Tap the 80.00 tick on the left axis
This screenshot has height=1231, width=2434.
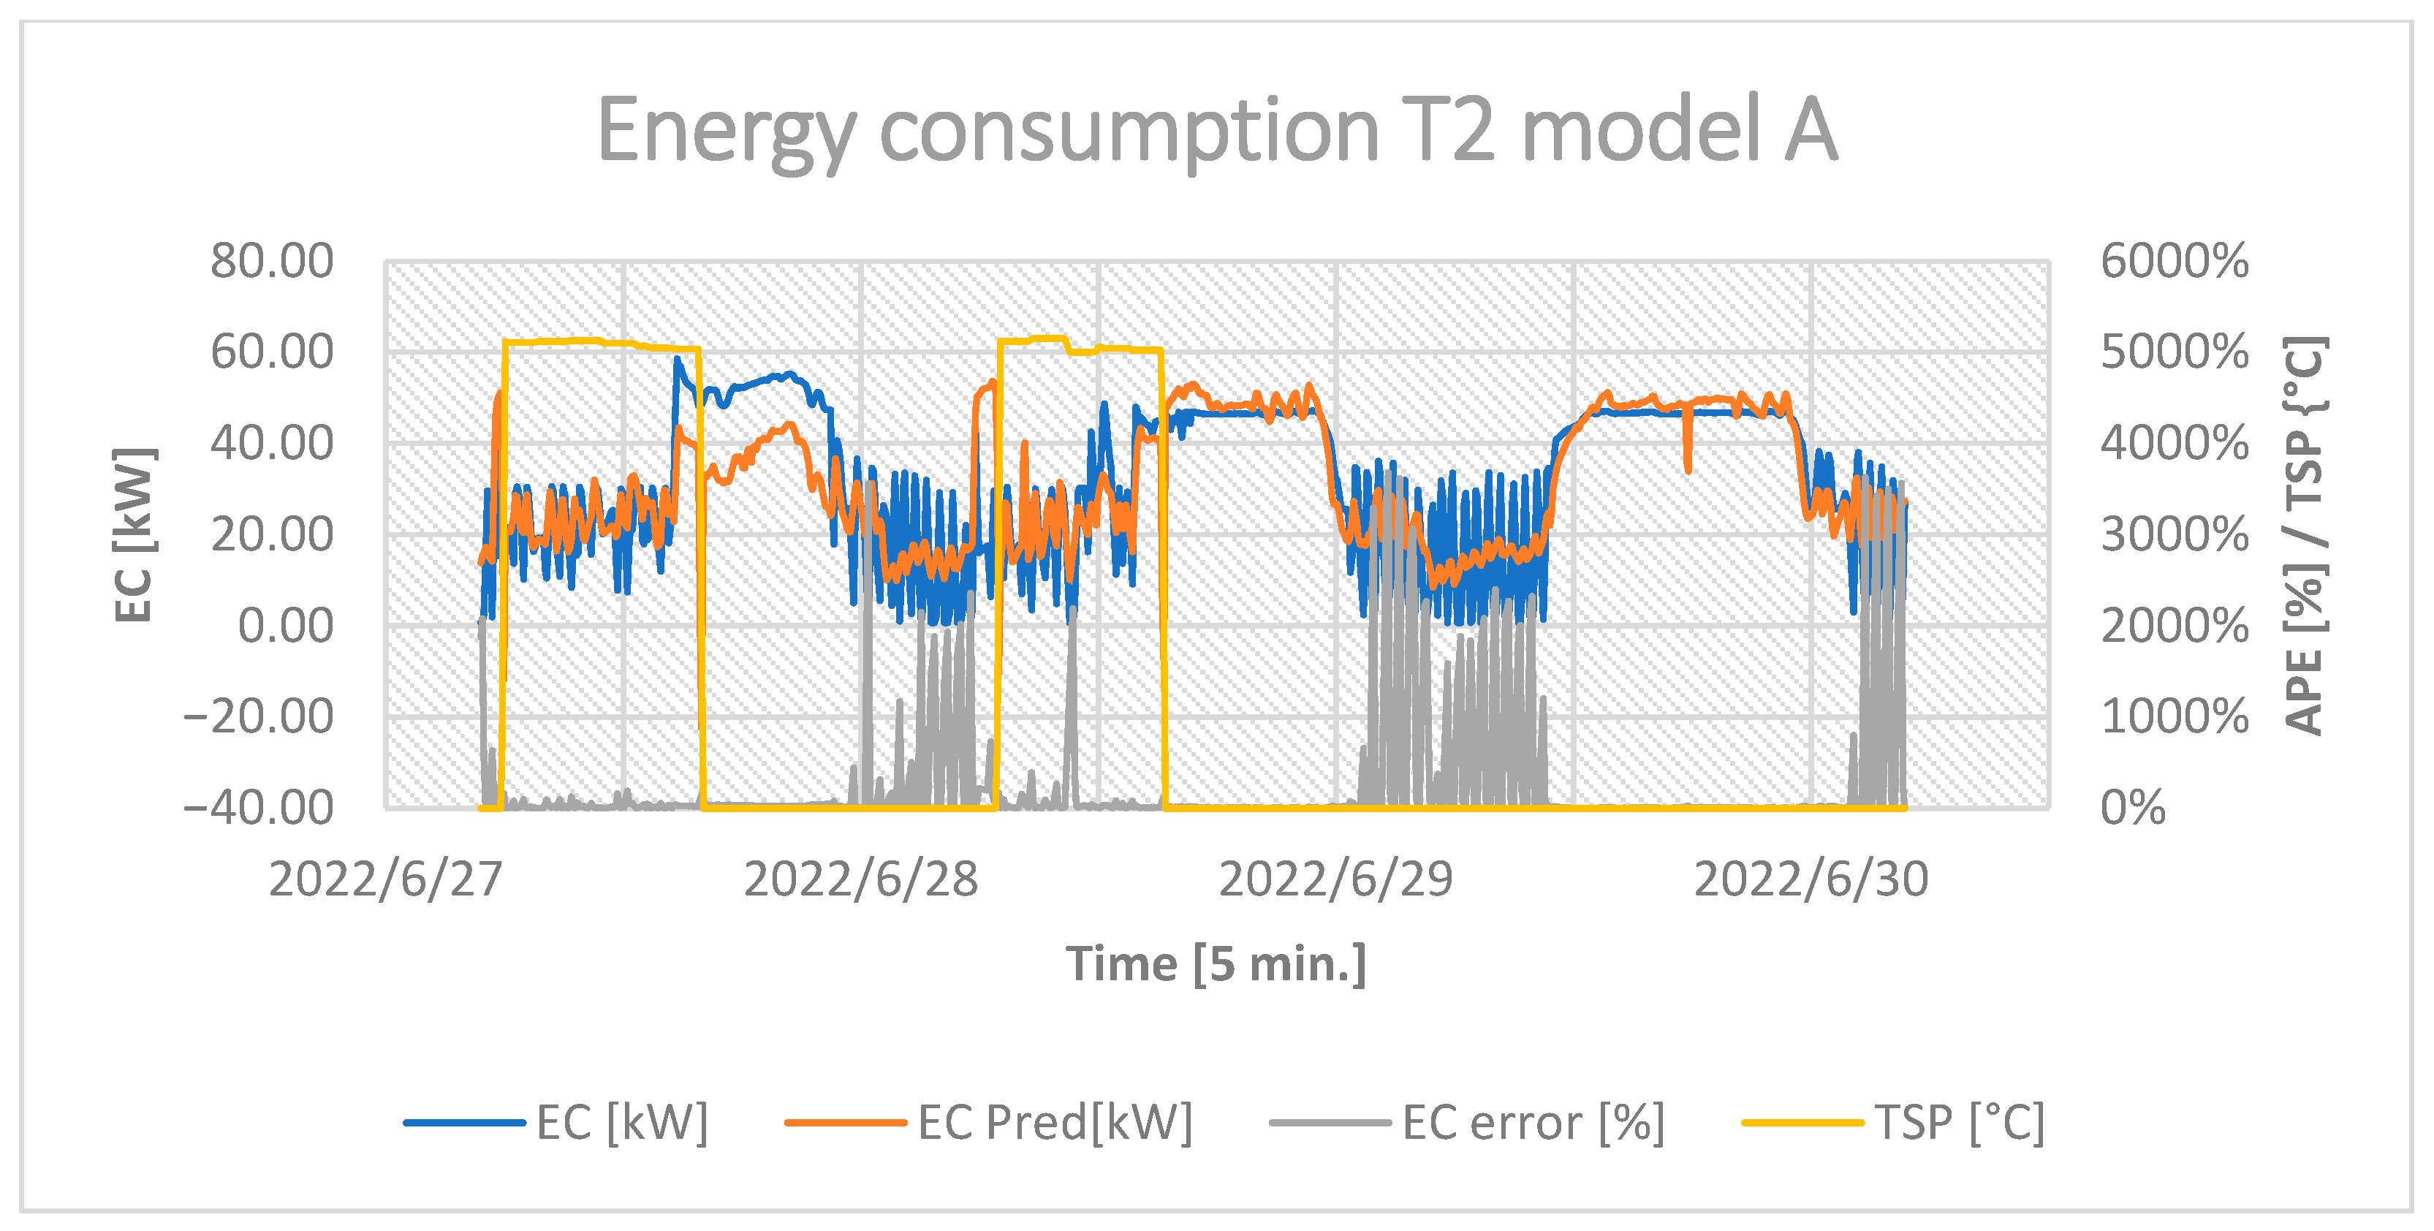[271, 261]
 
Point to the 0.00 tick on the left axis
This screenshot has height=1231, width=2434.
[284, 626]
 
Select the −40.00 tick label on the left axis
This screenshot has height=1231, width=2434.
[257, 808]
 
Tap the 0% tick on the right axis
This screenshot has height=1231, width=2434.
[2133, 808]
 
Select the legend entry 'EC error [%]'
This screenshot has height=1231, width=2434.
[1533, 1122]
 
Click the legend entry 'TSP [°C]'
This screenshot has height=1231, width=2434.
[1959, 1122]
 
